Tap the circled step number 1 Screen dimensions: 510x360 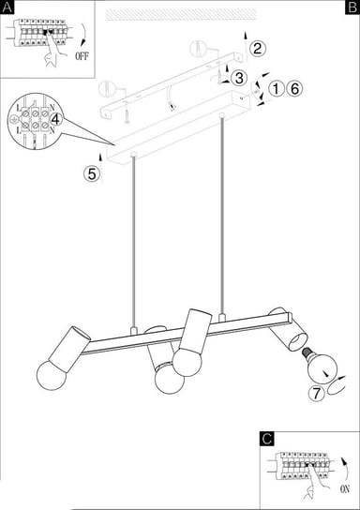277,89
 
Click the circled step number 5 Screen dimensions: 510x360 91,172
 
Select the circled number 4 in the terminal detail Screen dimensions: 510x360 56,119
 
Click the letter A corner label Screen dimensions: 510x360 7,7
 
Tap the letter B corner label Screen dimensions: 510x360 352,7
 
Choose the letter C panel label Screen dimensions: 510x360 267,438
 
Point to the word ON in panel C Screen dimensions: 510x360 345,487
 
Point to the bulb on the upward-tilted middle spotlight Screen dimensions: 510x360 185,360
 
